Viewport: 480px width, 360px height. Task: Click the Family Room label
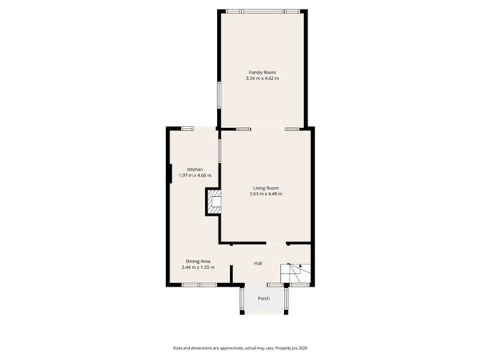(262, 73)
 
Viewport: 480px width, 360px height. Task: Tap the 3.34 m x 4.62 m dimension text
(262, 78)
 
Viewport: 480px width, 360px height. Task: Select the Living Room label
(266, 188)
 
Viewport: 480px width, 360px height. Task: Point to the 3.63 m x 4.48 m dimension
(266, 194)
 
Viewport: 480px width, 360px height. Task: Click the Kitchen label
(195, 170)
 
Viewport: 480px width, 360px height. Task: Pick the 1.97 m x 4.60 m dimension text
(195, 175)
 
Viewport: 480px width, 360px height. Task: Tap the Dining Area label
(198, 262)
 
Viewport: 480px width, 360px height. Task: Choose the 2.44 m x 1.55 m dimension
(198, 267)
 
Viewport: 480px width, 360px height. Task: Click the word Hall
(258, 263)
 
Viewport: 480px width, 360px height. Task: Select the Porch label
(264, 298)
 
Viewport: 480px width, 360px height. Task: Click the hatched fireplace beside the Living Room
(214, 202)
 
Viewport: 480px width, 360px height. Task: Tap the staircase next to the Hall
(296, 273)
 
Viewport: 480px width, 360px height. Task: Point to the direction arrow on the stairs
(300, 265)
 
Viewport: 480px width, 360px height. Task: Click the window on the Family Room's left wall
(219, 94)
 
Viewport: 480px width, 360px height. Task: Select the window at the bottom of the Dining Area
(199, 285)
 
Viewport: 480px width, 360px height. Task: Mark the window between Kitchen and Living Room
(219, 151)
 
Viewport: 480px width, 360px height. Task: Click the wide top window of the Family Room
(263, 11)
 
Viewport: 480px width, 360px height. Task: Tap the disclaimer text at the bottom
(240, 348)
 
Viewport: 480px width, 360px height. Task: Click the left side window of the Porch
(242, 299)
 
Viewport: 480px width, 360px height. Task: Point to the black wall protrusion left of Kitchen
(170, 174)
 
